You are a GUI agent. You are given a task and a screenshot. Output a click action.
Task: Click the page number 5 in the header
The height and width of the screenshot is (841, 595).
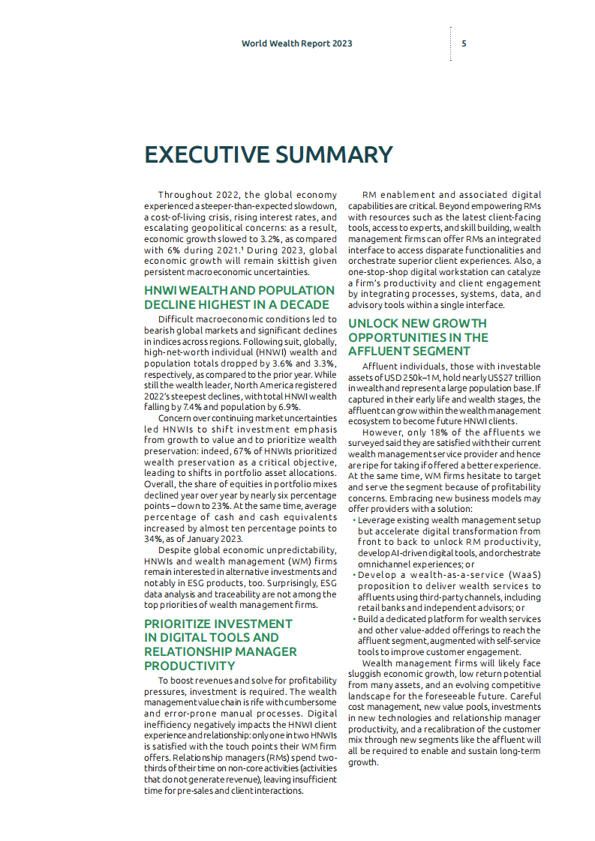(x=464, y=43)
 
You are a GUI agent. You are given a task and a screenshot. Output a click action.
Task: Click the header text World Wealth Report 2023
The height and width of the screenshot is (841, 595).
(x=296, y=43)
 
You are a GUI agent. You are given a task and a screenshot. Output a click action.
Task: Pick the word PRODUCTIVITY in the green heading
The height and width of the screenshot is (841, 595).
(x=189, y=666)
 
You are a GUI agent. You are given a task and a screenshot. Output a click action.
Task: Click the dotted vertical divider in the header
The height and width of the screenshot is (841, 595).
(x=451, y=43)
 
